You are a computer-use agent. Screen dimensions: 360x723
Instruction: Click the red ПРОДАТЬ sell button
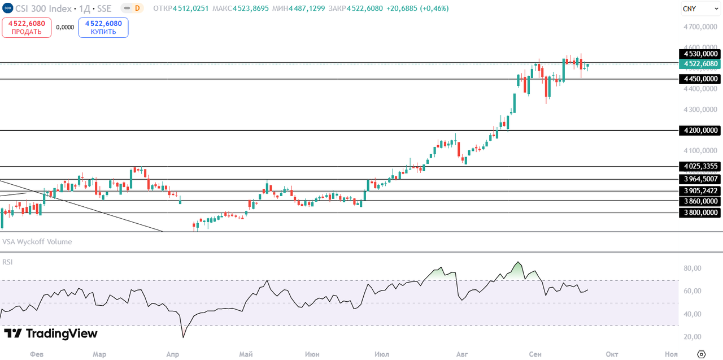pyautogui.click(x=27, y=28)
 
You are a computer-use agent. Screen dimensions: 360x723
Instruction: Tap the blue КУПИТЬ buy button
pyautogui.click(x=103, y=28)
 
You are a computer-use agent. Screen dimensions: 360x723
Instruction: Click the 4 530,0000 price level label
pyautogui.click(x=700, y=54)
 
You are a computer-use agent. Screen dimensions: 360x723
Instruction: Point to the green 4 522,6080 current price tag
pyautogui.click(x=700, y=64)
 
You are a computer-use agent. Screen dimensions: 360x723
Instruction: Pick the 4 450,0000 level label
pyautogui.click(x=700, y=79)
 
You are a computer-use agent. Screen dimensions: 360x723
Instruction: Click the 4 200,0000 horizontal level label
pyautogui.click(x=700, y=131)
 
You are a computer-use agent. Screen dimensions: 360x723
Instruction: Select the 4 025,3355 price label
pyautogui.click(x=700, y=166)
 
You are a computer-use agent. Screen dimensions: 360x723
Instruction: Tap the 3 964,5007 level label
pyautogui.click(x=700, y=179)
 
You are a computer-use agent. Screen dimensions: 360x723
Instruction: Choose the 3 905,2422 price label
pyautogui.click(x=700, y=191)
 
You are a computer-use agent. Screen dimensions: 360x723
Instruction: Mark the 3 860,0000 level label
pyautogui.click(x=700, y=201)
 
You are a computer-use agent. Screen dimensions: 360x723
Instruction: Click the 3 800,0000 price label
pyautogui.click(x=700, y=213)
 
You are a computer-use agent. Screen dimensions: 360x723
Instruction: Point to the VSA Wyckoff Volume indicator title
pyautogui.click(x=37, y=242)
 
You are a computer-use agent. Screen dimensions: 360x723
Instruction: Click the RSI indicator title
pyautogui.click(x=8, y=262)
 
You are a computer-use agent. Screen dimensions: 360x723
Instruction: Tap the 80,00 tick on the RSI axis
pyautogui.click(x=692, y=268)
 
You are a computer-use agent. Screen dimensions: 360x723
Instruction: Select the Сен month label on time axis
pyautogui.click(x=535, y=354)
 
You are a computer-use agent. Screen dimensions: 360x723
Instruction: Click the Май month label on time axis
pyautogui.click(x=246, y=354)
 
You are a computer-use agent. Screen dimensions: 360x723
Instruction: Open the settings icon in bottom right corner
pyautogui.click(x=702, y=354)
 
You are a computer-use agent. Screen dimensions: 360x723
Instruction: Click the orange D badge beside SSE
pyautogui.click(x=137, y=8)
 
